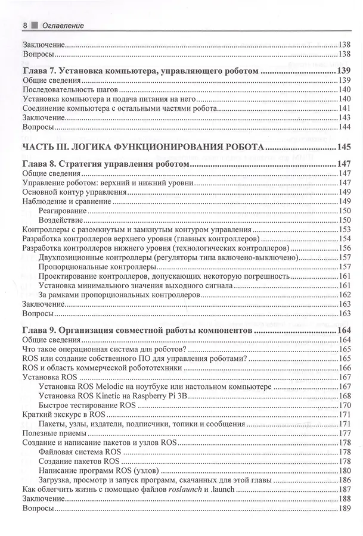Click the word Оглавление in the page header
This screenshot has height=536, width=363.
[x=63, y=26]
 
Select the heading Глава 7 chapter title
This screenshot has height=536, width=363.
[x=140, y=71]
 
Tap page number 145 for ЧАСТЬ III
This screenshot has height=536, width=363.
[x=345, y=147]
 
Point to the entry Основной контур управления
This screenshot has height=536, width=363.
[x=74, y=192]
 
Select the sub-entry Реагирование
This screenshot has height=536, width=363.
[x=61, y=211]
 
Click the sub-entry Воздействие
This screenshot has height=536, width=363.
[x=60, y=220]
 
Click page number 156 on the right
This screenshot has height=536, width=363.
[x=345, y=248]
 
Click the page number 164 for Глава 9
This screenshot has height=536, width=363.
[x=345, y=331]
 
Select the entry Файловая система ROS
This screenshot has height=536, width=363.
[x=79, y=451]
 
